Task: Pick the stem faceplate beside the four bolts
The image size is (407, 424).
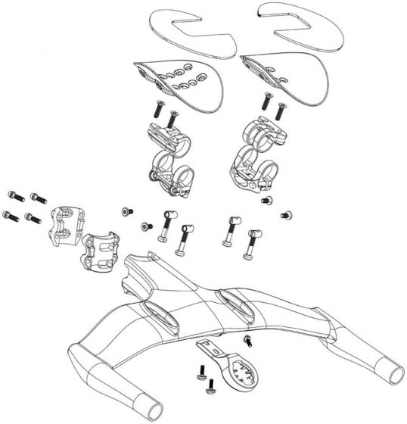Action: click(61, 224)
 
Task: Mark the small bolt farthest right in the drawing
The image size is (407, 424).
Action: click(286, 214)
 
